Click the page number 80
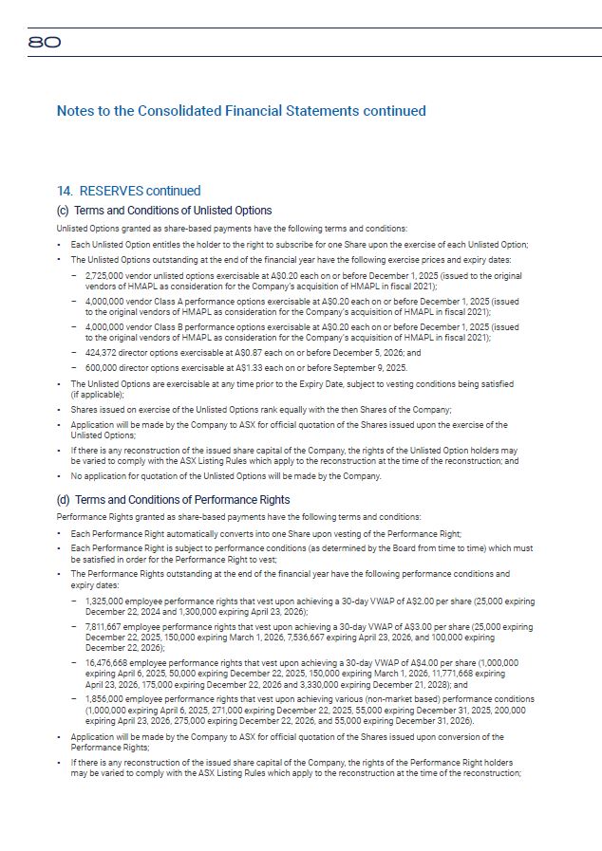pyautogui.click(x=45, y=43)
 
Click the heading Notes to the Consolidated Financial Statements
pyautogui.click(x=241, y=111)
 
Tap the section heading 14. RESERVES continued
pyautogui.click(x=128, y=192)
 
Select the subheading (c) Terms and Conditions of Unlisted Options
pyautogui.click(x=164, y=211)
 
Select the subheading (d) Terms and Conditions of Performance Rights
pyautogui.click(x=174, y=500)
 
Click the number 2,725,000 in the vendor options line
pyautogui.click(x=104, y=274)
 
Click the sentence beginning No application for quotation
pyautogui.click(x=226, y=476)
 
